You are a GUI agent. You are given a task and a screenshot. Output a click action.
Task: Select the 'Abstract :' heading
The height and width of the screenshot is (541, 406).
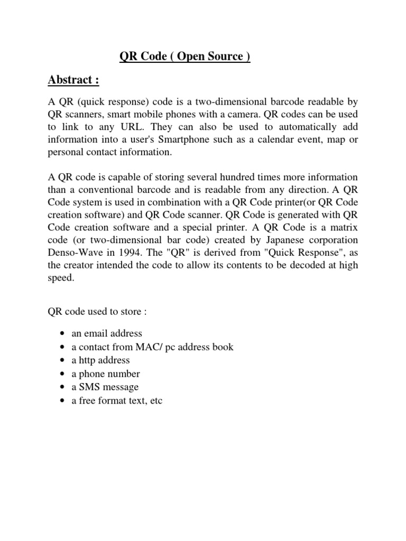73,80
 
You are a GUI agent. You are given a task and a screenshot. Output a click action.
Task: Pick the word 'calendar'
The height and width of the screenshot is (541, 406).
276,140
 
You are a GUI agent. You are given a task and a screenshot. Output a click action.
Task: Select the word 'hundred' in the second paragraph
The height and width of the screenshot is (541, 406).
233,177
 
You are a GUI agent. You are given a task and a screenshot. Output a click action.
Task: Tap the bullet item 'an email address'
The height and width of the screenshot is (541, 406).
107,334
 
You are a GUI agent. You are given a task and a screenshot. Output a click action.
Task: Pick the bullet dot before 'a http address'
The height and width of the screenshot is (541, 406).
63,360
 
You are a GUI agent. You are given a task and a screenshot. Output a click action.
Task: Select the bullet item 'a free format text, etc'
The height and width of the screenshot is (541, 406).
117,400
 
